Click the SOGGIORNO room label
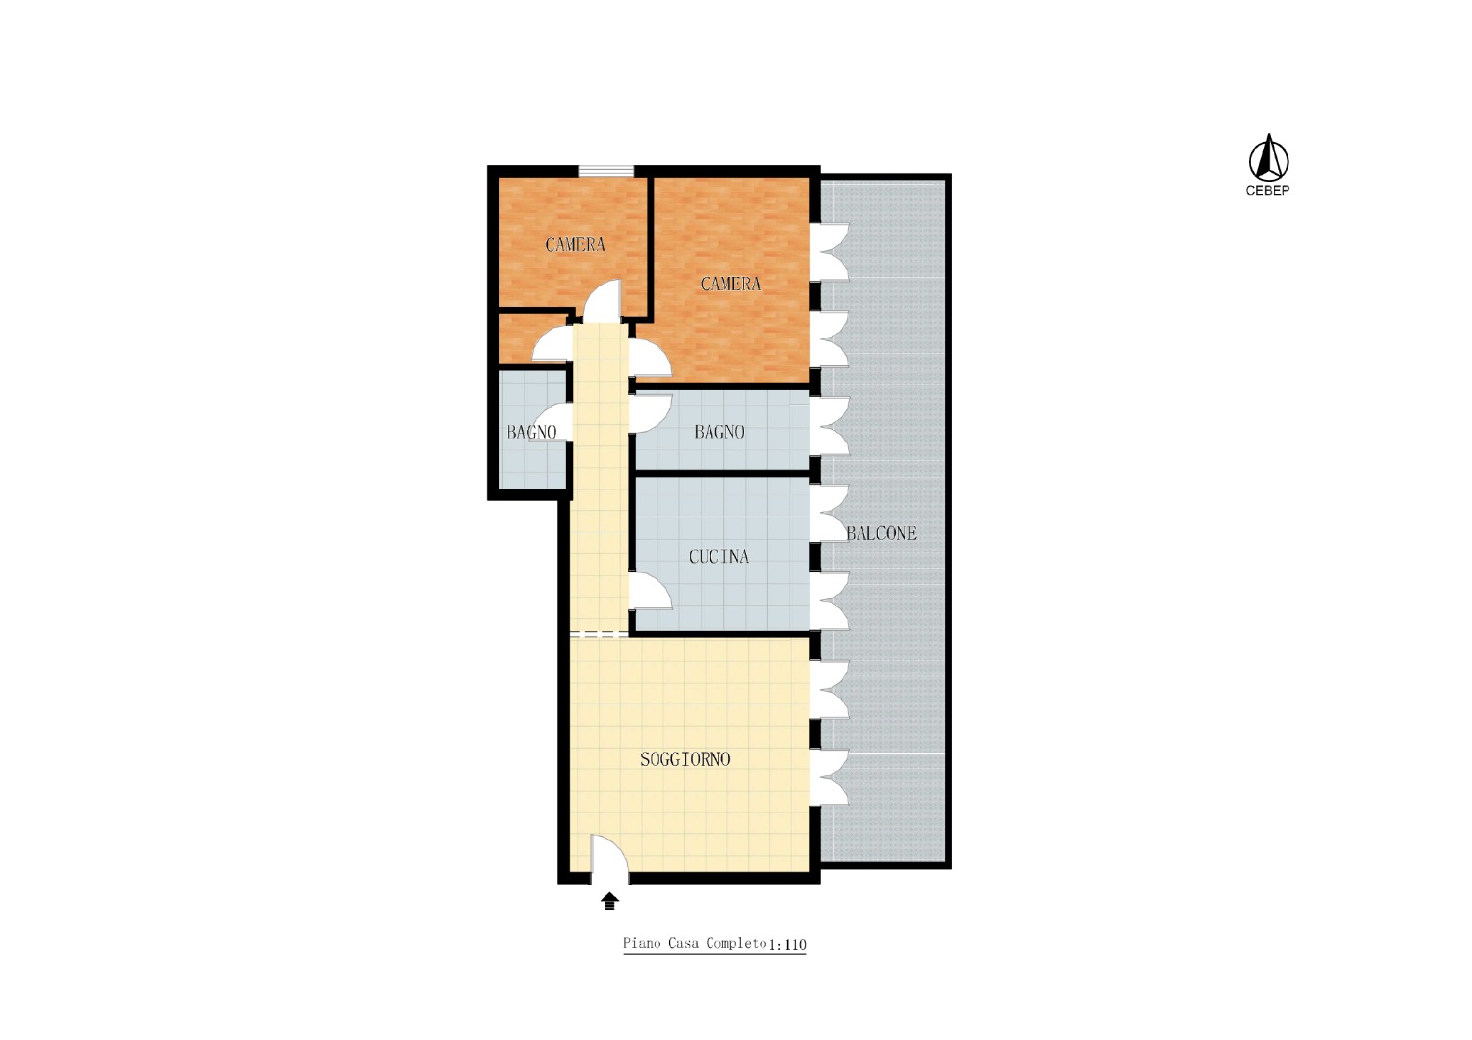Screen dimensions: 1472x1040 [685, 759]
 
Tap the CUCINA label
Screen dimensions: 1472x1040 [718, 557]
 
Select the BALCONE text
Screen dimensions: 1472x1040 [880, 533]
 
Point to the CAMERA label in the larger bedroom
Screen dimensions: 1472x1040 [730, 284]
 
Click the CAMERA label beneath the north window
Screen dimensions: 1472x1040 [575, 245]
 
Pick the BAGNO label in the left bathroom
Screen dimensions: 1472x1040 [532, 433]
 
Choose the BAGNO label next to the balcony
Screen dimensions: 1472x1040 [719, 432]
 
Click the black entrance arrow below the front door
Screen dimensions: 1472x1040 [609, 901]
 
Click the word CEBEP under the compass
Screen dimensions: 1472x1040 [1268, 191]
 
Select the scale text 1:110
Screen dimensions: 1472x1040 [787, 945]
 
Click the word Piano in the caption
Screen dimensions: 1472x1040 [642, 944]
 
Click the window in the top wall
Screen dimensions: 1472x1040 [606, 171]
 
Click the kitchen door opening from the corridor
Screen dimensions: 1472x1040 [651, 592]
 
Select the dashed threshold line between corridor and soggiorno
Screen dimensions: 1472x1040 [600, 635]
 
